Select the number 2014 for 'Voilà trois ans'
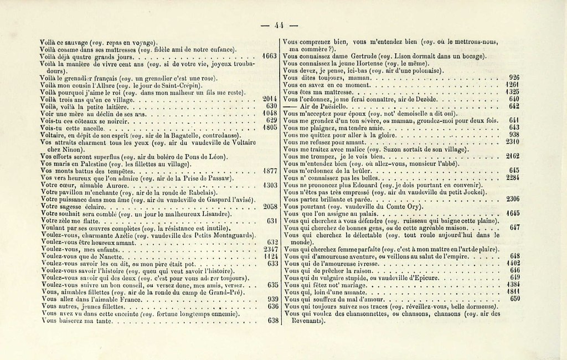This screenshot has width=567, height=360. tap(269, 99)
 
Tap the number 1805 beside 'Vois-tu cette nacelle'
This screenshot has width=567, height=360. tap(269, 127)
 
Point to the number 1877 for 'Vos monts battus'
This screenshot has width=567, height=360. tap(269, 171)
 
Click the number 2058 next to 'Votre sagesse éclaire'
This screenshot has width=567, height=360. tap(269, 206)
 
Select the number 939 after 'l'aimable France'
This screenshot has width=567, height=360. tap(272, 299)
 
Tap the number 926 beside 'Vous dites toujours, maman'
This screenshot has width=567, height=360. tap(514, 78)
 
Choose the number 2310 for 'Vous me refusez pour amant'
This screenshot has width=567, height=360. tap(512, 142)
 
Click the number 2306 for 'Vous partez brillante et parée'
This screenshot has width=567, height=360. tap(512, 199)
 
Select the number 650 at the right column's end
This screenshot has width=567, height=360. tap(514, 299)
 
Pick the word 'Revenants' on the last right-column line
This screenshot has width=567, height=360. tap(303, 320)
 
